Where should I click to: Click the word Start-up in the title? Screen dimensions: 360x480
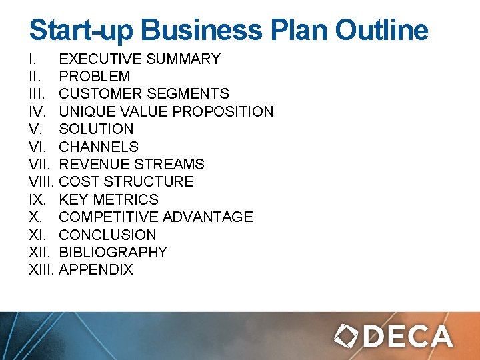pos(80,31)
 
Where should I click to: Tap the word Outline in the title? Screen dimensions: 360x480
pos(381,31)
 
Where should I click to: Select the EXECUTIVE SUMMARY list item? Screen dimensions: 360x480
pos(139,59)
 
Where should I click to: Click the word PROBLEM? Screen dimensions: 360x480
pos(95,77)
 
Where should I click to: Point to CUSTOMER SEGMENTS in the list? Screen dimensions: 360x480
pos(144,94)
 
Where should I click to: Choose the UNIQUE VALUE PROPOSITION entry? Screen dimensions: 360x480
pos(166,111)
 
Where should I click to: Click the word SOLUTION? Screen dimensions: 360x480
pos(96,129)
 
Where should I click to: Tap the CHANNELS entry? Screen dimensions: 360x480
pos(99,147)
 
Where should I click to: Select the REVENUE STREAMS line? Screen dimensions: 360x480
pos(131,164)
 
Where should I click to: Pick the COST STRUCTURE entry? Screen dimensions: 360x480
pos(126,182)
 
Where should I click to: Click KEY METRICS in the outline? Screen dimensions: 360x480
pos(109,199)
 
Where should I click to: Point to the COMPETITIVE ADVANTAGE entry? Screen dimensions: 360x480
pos(156,217)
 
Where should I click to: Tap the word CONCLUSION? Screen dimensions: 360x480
pos(107,235)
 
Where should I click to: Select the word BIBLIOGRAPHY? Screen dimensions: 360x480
pos(113,252)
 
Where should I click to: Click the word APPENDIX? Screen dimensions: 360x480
pos(96,270)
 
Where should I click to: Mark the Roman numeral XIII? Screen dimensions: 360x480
pos(43,270)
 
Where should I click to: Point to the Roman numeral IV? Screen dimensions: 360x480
pos(37,111)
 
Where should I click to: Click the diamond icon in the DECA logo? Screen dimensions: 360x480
pos(347,335)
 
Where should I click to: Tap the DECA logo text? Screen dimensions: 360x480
pos(408,336)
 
